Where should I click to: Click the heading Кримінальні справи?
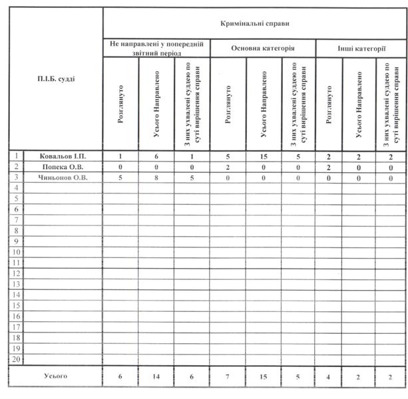coord(255,23)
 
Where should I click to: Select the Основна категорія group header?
coord(263,49)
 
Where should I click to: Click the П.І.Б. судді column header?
coord(57,79)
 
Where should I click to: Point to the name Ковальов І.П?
coord(63,156)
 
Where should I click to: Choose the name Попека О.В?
coord(64,167)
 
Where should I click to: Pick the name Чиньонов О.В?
coord(64,178)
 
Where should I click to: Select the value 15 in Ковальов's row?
coord(264,156)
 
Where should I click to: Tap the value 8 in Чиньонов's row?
coord(156,178)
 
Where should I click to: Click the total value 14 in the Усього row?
coord(156,377)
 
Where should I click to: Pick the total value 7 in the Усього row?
coord(228,377)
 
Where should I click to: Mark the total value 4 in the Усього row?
coord(329,377)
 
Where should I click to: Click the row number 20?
coord(17,359)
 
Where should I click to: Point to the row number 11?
coord(17,263)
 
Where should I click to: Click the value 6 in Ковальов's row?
coord(156,156)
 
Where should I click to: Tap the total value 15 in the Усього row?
coord(264,377)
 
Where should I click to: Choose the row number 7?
coord(17,220)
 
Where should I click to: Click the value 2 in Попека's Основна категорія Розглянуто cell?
coord(228,167)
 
